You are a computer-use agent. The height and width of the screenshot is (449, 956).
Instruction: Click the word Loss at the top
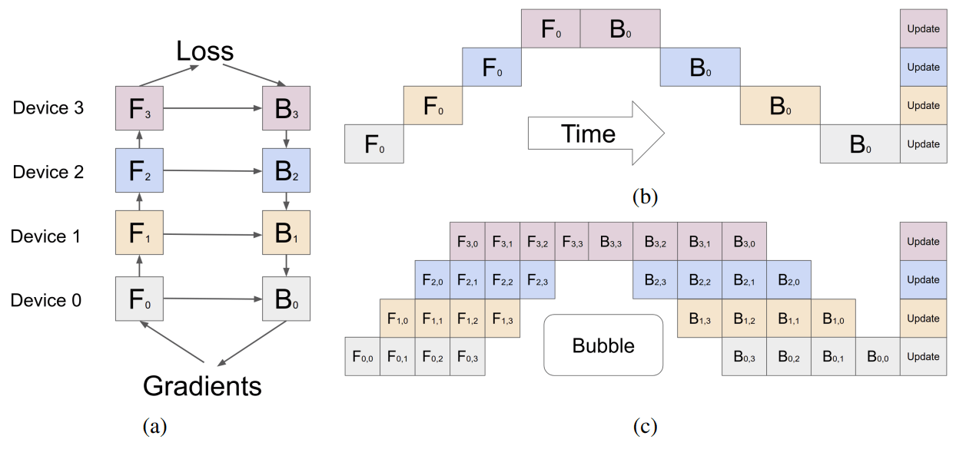204,51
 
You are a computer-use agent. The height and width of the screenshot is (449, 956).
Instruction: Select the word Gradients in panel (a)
202,385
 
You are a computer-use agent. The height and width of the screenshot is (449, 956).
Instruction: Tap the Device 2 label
48,172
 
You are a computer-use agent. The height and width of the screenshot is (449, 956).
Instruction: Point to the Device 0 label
46,300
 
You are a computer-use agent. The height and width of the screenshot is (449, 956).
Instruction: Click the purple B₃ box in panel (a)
286,108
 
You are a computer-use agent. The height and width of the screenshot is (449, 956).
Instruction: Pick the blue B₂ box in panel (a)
286,171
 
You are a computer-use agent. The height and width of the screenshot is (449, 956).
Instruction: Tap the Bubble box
603,345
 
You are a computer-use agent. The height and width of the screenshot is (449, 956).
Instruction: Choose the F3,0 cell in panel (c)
467,242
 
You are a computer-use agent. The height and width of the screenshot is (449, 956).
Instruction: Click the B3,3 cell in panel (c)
611,242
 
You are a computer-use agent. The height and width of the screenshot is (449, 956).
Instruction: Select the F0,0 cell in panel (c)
362,356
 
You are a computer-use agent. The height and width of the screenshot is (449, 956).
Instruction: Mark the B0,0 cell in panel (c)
878,356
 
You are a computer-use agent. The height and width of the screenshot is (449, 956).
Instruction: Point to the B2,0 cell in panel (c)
788,280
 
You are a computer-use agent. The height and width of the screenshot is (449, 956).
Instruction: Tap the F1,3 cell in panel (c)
503,319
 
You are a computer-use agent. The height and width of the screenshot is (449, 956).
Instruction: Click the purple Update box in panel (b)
923,29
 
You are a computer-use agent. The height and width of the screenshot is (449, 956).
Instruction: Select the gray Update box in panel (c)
923,356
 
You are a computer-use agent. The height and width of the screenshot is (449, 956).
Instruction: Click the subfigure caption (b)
644,197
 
